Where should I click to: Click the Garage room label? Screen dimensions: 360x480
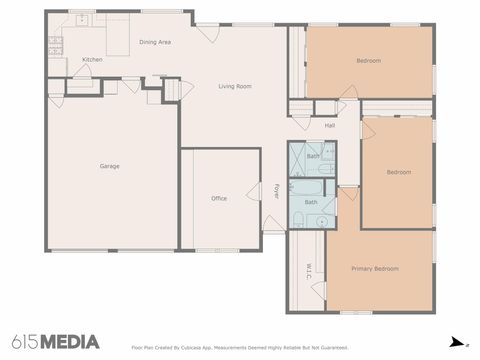[109, 166]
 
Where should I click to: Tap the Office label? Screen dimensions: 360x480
[219, 198]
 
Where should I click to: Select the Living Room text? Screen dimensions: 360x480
[235, 87]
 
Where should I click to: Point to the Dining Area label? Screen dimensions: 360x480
[155, 42]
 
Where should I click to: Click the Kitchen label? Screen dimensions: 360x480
[92, 60]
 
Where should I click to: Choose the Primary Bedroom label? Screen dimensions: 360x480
[375, 269]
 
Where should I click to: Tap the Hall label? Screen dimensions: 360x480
[329, 126]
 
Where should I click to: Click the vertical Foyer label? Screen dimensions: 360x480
[277, 190]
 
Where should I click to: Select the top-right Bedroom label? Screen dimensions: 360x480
[368, 61]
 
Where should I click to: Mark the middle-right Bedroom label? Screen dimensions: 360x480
[399, 172]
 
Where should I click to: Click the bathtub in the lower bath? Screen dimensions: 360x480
[312, 187]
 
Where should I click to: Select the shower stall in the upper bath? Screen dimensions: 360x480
[300, 158]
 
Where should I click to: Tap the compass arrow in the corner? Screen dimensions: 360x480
[456, 341]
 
